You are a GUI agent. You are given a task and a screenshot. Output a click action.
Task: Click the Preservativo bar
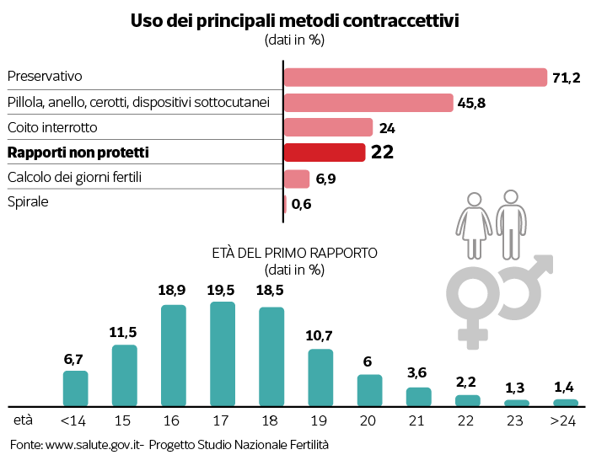(x=415, y=77)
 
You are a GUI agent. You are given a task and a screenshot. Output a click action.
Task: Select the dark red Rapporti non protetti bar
(x=325, y=153)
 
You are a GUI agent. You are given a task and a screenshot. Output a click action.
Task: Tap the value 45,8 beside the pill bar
(x=472, y=103)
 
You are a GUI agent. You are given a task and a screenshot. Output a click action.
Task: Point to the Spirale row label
(x=28, y=202)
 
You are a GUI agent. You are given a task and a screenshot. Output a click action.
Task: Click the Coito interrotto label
(x=52, y=127)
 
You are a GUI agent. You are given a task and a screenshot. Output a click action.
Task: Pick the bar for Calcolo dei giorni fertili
(x=297, y=179)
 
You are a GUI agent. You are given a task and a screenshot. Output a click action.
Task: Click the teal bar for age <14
(x=75, y=388)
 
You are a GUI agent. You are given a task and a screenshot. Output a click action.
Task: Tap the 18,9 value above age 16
(x=173, y=290)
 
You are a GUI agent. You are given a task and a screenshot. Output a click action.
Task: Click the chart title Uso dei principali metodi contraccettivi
(x=294, y=21)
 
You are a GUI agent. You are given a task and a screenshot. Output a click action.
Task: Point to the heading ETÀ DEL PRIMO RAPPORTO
(x=295, y=252)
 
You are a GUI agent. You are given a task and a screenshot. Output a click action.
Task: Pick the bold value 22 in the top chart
(x=383, y=153)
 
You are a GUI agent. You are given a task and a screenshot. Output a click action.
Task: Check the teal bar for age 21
(x=418, y=397)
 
